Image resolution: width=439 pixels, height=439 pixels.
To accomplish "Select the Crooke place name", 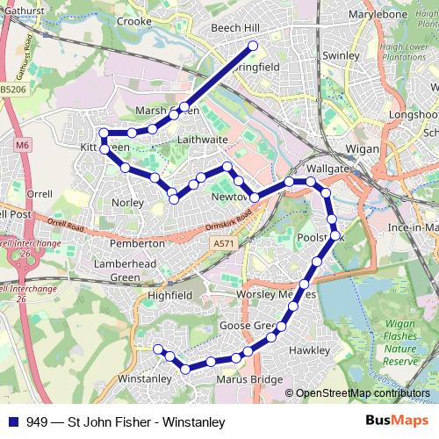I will [x=134, y=21].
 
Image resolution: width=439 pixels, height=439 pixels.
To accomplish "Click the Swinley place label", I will [x=341, y=55].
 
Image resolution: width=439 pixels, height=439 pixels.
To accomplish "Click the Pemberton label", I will [x=136, y=242].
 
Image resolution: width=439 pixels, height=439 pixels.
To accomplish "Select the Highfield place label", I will [x=169, y=296].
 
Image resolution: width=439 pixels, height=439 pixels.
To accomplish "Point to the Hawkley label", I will [x=309, y=350].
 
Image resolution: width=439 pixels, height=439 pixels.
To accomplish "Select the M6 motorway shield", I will [x=22, y=139].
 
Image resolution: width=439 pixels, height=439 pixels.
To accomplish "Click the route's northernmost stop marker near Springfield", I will [x=253, y=45].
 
